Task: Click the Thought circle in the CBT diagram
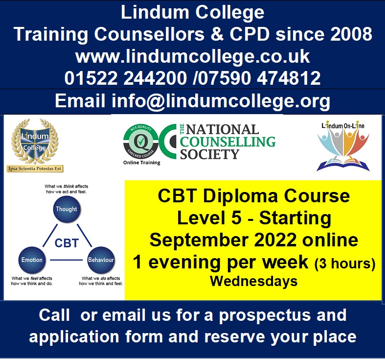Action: [x=67, y=209]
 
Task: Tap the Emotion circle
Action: [x=32, y=260]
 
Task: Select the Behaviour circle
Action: [x=101, y=260]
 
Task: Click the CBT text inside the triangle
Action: [x=67, y=243]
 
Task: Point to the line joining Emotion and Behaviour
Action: [x=67, y=260]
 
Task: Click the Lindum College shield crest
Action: [x=35, y=142]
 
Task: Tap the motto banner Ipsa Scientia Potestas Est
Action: [x=35, y=168]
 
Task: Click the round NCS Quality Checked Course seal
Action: [x=141, y=142]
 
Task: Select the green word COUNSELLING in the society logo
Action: [x=227, y=142]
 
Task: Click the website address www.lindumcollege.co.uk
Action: [x=193, y=56]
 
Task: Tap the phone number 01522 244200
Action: [x=126, y=78]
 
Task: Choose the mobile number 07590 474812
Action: [x=259, y=78]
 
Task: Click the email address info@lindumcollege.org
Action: [x=221, y=101]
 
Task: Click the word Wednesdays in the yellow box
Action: [x=253, y=281]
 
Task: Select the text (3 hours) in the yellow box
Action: [x=345, y=264]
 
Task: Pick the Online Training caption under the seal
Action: [x=142, y=163]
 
